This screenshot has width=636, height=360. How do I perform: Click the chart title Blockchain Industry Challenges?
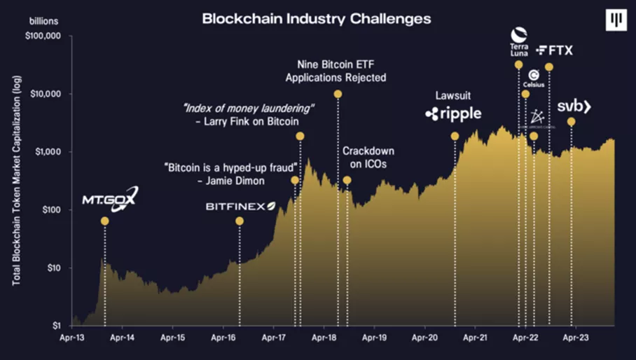[x=317, y=18]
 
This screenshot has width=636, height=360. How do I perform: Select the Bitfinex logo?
[x=240, y=206]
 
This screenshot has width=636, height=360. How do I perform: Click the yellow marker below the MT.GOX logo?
[x=105, y=221]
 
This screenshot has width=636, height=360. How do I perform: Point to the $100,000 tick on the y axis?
[x=43, y=36]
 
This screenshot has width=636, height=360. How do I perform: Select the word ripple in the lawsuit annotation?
[x=460, y=113]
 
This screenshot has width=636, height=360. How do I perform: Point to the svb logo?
[x=574, y=106]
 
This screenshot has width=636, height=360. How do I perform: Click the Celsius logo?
[x=534, y=78]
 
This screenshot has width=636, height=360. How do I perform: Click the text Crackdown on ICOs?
[x=368, y=158]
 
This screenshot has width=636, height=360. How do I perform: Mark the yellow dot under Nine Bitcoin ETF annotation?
[x=338, y=94]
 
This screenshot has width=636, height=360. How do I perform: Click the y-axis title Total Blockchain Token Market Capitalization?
[x=15, y=180]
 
